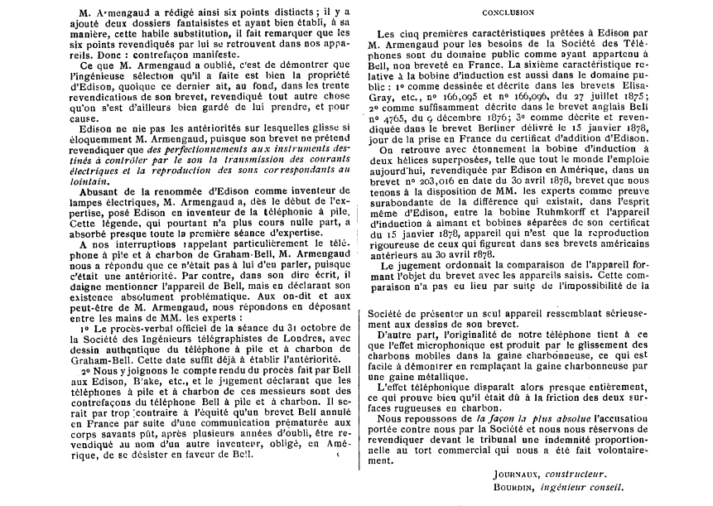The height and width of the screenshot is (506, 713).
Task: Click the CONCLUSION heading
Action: click(x=531, y=13)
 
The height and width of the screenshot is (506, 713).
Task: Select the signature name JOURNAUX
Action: click(x=513, y=474)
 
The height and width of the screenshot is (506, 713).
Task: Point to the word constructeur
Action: click(x=576, y=474)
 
